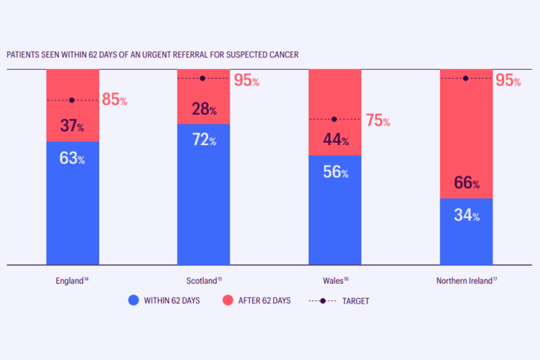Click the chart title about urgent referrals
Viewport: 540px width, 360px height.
click(153, 54)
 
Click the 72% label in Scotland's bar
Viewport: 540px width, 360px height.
click(203, 140)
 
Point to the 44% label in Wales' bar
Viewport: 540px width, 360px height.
click(335, 141)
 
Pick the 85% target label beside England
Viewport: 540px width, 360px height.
click(114, 100)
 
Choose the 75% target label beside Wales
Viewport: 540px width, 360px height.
click(377, 120)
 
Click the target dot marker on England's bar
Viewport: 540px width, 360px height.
click(72, 100)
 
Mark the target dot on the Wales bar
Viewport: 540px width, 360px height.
click(334, 119)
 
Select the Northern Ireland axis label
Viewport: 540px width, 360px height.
click(465, 280)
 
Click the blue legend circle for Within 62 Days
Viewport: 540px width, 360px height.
click(133, 300)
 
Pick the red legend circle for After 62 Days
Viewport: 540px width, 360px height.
click(228, 300)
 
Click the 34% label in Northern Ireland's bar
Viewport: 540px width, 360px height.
click(466, 215)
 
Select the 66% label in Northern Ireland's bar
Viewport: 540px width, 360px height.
click(466, 183)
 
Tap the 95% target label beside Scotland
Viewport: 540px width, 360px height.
click(246, 80)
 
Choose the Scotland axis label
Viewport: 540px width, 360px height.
click(203, 280)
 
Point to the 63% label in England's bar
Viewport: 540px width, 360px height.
click(72, 158)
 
